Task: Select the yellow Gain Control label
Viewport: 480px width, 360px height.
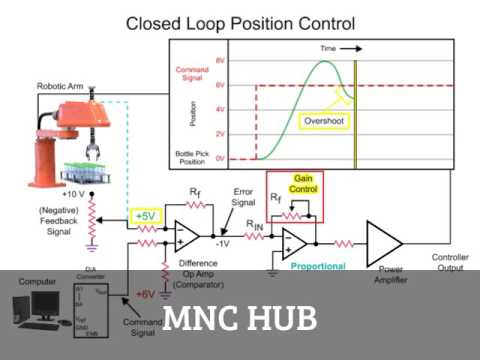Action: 302,184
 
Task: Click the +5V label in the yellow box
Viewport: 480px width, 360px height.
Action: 145,217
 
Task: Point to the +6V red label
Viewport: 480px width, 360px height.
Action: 144,294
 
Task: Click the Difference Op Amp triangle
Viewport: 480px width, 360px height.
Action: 187,235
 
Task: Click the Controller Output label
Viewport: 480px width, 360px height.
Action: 449,262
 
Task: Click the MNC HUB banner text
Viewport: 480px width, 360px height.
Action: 240,318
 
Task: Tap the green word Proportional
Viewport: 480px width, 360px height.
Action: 318,267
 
